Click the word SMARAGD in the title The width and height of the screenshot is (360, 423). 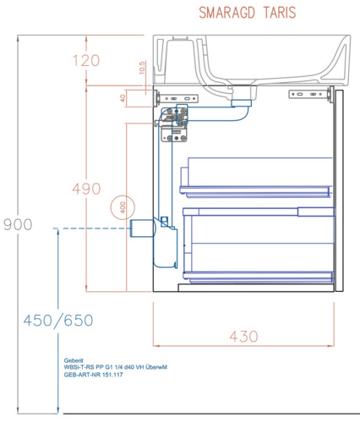point(227,13)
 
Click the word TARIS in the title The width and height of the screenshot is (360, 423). point(280,13)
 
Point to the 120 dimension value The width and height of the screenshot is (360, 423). point(86,61)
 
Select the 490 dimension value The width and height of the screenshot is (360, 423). point(86,189)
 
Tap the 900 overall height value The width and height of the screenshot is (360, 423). point(18,224)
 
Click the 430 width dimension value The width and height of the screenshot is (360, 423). point(243,337)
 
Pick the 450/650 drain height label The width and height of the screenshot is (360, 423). point(58,321)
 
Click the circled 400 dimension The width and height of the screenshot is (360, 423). point(123,207)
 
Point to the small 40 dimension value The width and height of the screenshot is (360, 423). point(123,98)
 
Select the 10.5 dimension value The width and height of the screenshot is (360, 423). point(142,68)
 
